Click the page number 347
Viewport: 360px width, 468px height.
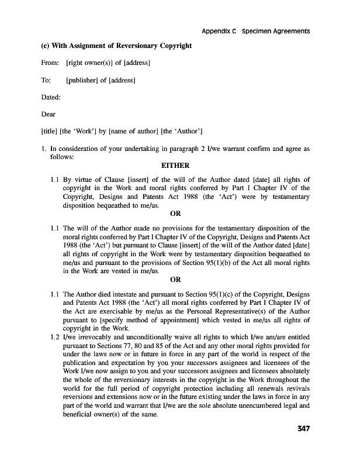[302, 428]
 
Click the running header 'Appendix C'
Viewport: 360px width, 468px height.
[218, 30]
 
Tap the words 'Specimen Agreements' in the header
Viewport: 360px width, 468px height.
[275, 30]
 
